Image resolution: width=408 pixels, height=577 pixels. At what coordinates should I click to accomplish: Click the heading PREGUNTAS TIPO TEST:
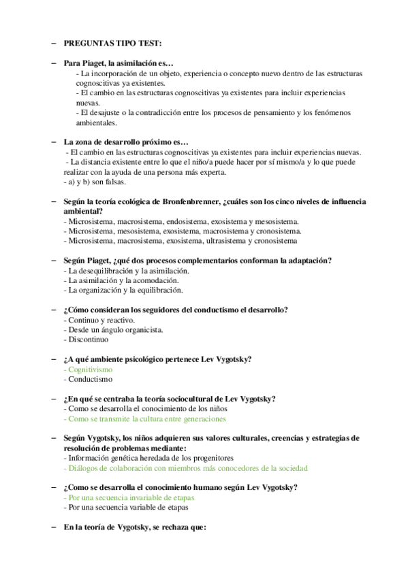click(x=112, y=44)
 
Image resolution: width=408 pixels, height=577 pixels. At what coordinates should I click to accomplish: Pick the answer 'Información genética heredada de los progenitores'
click(x=148, y=459)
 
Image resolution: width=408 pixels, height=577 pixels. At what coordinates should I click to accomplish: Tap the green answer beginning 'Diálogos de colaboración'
click(x=185, y=468)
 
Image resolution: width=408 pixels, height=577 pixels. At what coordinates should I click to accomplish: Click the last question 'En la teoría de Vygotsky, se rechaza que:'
click(x=134, y=527)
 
